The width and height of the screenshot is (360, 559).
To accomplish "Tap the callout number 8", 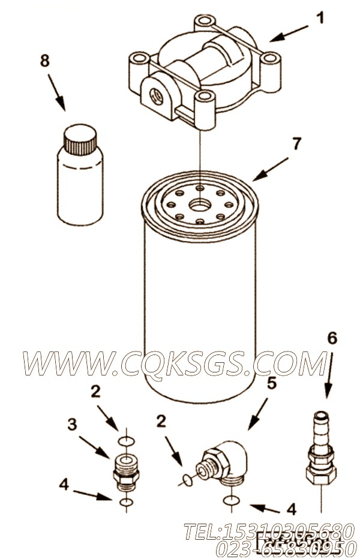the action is (44, 61).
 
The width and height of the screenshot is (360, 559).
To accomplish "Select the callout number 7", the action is (296, 143).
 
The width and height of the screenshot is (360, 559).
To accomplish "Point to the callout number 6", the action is (332, 338).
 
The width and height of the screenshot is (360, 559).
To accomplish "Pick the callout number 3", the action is (72, 424).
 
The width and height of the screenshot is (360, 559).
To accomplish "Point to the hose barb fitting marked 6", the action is (321, 448).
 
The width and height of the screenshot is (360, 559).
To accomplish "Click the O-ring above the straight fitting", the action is (127, 441).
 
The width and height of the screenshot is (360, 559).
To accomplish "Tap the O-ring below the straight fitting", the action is (127, 502).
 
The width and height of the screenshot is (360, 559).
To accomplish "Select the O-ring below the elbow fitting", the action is (232, 501).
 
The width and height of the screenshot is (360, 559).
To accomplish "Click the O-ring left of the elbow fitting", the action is (186, 480).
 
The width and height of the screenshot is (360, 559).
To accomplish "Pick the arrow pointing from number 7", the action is (272, 169).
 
